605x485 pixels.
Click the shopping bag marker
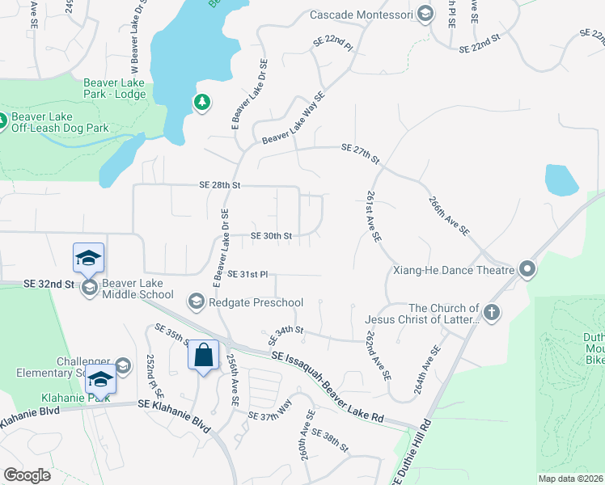coord(204,355)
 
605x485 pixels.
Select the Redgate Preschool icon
coord(196,302)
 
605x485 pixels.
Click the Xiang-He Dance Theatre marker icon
coord(527,269)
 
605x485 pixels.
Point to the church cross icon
coord(491,312)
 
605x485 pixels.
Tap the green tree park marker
coord(201,103)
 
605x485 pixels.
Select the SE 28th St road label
coord(220,185)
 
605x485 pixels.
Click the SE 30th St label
coord(271,236)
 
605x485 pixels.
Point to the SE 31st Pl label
coord(247,275)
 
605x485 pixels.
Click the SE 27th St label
coord(361,151)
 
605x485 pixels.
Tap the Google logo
coord(27,475)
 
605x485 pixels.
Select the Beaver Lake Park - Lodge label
coord(115,89)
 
